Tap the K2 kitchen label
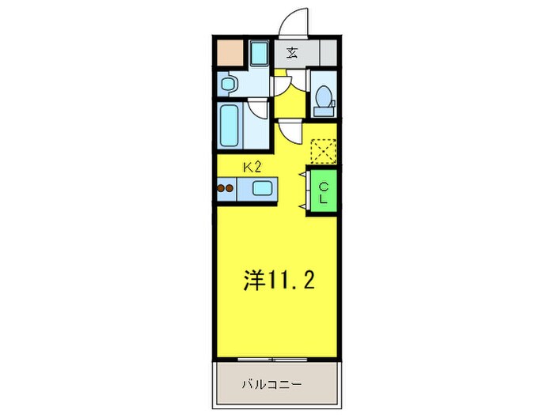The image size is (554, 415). [252, 167]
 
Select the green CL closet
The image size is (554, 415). [324, 191]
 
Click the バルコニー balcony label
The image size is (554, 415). [271, 385]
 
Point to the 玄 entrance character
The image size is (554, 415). [292, 54]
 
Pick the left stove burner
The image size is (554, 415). [222, 189]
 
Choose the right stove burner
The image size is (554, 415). [231, 189]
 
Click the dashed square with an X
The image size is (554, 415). [324, 150]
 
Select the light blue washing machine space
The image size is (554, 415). [259, 54]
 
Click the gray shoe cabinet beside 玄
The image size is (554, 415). [327, 54]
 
